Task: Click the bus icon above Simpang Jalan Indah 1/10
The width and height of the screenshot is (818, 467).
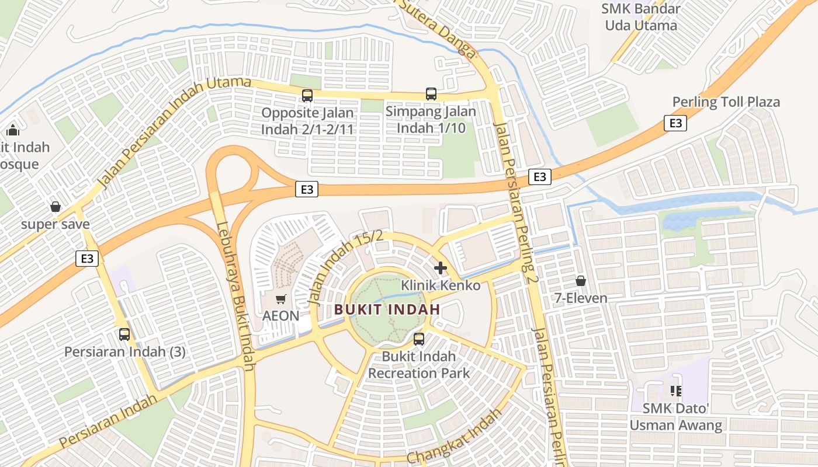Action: point(431,93)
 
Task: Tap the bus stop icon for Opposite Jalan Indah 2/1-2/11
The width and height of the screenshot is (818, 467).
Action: point(307,95)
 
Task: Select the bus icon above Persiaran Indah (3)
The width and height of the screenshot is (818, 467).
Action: point(124,334)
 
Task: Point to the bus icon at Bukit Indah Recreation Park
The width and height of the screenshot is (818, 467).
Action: point(419,339)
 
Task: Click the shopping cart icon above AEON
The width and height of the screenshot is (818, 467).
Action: point(281,299)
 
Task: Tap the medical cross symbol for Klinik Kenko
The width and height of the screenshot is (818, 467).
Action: point(441,268)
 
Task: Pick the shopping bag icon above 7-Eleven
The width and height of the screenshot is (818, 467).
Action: point(581,281)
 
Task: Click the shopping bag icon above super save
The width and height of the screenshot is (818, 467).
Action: point(56,207)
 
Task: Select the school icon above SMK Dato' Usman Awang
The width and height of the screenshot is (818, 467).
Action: point(676,391)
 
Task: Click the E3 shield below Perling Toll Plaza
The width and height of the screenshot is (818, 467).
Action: point(675,123)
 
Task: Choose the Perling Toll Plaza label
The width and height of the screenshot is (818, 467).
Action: point(726,102)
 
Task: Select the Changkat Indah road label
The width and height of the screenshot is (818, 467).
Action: point(454,437)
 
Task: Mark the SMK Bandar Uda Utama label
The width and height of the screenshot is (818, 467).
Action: point(641,17)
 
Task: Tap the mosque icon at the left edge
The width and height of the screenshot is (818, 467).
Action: point(13,130)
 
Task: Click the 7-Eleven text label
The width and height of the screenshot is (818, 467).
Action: point(581,298)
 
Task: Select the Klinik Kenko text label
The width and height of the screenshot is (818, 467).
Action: point(441,285)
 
